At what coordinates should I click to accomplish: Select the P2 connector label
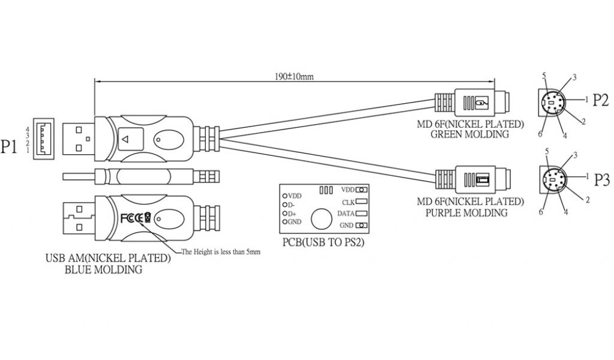pos(601,100)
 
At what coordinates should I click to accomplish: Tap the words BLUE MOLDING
pos(103,269)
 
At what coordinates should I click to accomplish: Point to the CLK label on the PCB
pos(347,202)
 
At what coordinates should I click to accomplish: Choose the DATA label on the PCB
pos(345,213)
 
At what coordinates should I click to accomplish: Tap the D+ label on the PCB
pos(292,214)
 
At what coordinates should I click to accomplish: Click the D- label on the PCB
pos(292,205)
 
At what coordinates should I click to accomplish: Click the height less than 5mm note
pos(221,252)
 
